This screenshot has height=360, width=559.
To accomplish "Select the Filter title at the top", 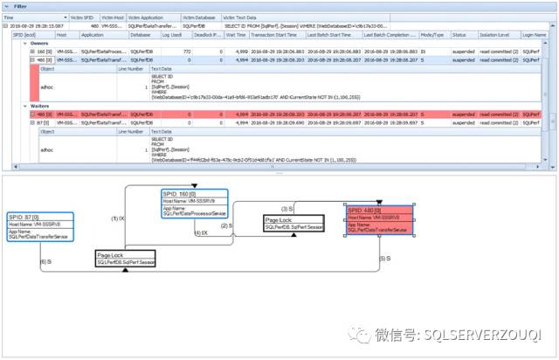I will (x=19, y=5).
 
